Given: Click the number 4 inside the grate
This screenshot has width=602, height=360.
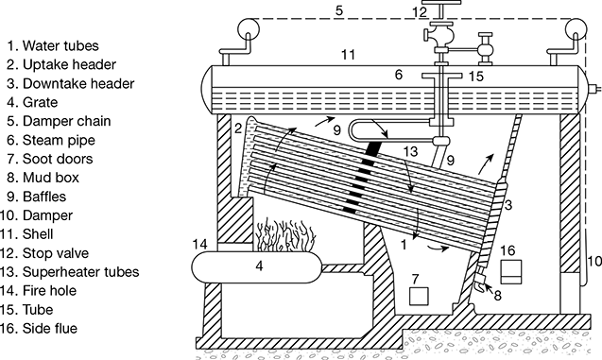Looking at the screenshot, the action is [260, 266].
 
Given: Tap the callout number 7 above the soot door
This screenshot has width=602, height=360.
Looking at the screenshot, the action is [415, 279].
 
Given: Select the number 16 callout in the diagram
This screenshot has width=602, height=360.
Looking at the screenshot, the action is [507, 250].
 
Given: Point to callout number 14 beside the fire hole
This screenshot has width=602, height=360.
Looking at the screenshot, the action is [199, 244].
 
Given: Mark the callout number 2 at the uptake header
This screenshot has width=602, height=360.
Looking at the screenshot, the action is [238, 129].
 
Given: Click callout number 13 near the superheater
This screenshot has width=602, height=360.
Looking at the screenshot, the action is [410, 151].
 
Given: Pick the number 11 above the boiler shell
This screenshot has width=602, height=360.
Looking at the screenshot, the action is [348, 55].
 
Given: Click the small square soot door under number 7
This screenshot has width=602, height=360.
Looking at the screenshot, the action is [419, 297].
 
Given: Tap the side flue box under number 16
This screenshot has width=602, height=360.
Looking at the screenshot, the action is [511, 272].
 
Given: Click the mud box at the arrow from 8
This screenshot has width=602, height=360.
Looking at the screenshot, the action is [479, 284].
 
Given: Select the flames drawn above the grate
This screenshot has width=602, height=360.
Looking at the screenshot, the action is [285, 235].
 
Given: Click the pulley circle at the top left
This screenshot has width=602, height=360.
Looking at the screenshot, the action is [249, 29].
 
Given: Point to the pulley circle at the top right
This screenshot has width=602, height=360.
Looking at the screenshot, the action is [576, 29].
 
